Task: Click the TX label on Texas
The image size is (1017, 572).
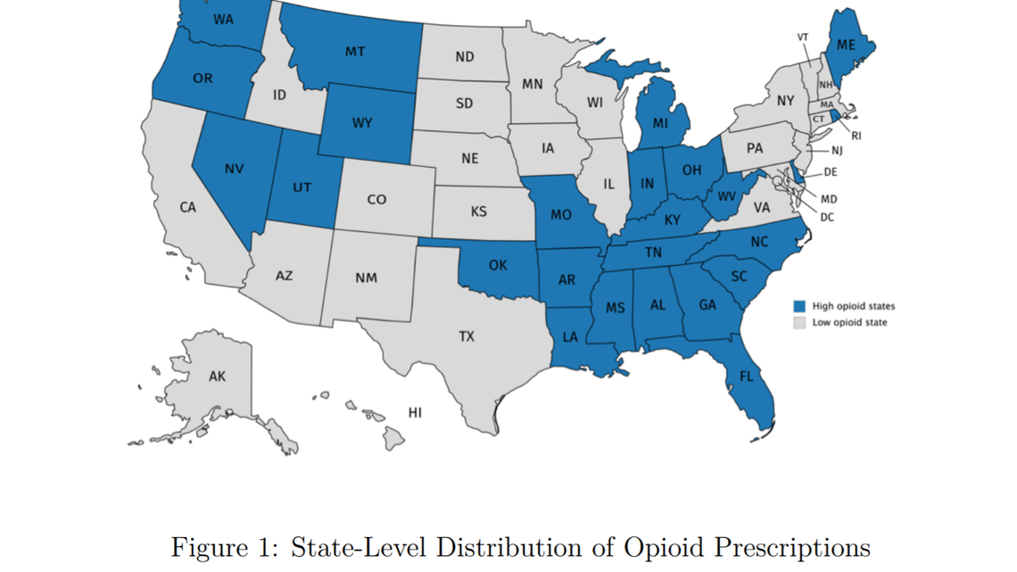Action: pos(467,336)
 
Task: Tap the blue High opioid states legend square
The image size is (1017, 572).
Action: pos(799,306)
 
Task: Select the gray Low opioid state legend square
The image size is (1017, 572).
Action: pos(799,322)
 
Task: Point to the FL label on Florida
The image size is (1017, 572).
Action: pos(746,377)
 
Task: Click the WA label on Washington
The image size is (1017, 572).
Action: pos(224,19)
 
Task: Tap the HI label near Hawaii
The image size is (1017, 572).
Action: pos(415,412)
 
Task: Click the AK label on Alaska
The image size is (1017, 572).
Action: pos(217,377)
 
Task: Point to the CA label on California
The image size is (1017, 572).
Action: pos(187,207)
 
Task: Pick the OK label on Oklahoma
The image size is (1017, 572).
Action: pos(498,265)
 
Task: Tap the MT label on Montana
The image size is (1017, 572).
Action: pos(355,53)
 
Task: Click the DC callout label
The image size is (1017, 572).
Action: pos(827,217)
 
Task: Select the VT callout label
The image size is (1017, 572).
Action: pos(803,37)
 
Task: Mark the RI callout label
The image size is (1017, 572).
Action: pos(856,136)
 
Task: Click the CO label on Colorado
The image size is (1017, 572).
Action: pos(376,199)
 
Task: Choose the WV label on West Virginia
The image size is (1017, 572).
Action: pos(726,197)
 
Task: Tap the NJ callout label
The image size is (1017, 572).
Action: pos(837,151)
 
